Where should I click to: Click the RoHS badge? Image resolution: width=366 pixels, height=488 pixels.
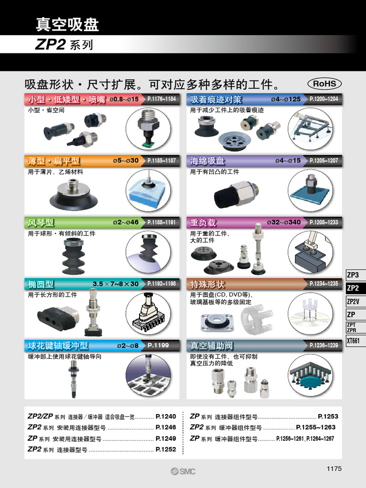click(325, 84)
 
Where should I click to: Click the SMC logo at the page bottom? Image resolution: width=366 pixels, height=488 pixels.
click(183, 471)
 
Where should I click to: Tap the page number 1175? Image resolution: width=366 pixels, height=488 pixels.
click(334, 468)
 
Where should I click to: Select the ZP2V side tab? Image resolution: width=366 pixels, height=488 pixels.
click(356, 301)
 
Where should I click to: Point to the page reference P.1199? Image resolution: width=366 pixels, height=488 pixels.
click(158, 345)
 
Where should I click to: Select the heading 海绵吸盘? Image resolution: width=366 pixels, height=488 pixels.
click(207, 161)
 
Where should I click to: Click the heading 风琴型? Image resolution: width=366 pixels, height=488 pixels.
click(41, 223)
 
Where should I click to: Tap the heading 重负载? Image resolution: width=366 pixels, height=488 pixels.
click(203, 223)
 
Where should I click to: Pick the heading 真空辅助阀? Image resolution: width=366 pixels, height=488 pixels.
click(211, 346)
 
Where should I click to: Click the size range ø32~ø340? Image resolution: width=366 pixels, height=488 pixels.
click(284, 223)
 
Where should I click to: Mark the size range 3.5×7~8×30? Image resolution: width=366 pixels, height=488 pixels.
click(116, 284)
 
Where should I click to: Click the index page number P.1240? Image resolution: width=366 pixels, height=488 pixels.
click(166, 416)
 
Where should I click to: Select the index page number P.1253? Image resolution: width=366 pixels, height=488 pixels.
click(328, 416)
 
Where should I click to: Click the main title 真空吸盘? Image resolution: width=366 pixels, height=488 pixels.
click(67, 24)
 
